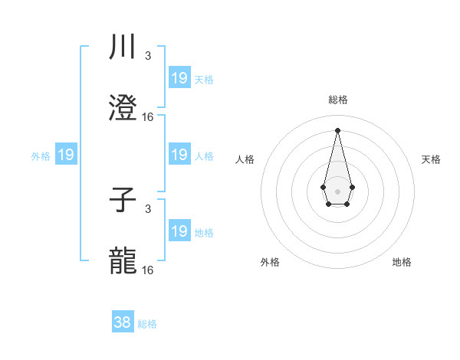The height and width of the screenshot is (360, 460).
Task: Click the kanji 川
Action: pyautogui.click(x=123, y=47)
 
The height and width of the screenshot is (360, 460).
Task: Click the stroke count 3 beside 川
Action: pyautogui.click(x=147, y=56)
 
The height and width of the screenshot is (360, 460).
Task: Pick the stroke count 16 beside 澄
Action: pyautogui.click(x=148, y=117)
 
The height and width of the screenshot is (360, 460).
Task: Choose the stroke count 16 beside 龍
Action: pyautogui.click(x=148, y=270)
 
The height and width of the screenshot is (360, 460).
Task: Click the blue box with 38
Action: pyautogui.click(x=123, y=322)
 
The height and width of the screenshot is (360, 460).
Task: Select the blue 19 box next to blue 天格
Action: pyautogui.click(x=179, y=78)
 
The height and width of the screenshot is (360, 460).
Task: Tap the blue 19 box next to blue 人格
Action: pyautogui.click(x=179, y=155)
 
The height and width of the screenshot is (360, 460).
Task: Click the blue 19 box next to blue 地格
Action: pyautogui.click(x=179, y=231)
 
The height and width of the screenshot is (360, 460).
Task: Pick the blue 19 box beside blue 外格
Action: pyautogui.click(x=66, y=155)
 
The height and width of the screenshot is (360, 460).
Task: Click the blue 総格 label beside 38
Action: pyautogui.click(x=147, y=324)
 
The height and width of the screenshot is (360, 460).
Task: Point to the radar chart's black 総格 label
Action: pyautogui.click(x=337, y=100)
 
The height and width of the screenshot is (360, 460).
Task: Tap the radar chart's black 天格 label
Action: pyautogui.click(x=431, y=159)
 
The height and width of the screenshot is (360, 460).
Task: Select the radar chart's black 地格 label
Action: pyautogui.click(x=402, y=262)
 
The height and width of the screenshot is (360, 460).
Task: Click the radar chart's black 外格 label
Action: pyautogui.click(x=270, y=262)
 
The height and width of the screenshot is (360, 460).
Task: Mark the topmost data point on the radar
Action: pyautogui.click(x=337, y=130)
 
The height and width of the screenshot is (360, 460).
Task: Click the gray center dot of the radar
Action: pyautogui.click(x=337, y=190)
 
